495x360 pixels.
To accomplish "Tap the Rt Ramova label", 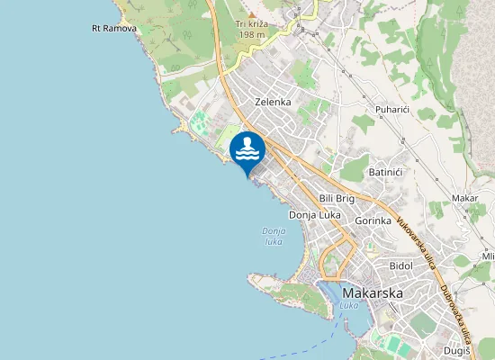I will tap(113, 29).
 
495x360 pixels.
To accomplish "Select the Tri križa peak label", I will tap(252, 23).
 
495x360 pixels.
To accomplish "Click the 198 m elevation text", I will tap(251, 34).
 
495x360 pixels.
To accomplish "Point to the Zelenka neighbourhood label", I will tap(273, 102).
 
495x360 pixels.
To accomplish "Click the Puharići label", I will tap(392, 110).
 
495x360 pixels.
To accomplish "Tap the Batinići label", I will tap(385, 172).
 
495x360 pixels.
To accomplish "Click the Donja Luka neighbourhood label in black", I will tap(313, 215).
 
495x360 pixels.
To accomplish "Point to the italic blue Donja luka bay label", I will tap(274, 237).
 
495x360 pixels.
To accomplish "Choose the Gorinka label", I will tap(373, 220).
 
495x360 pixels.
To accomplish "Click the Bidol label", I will tap(400, 266).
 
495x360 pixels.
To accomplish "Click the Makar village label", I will tap(465, 198).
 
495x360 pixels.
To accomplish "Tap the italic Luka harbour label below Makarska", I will tap(349, 306).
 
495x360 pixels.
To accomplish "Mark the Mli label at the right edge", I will tap(488, 256).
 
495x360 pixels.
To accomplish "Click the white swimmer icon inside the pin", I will tap(247, 148).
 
